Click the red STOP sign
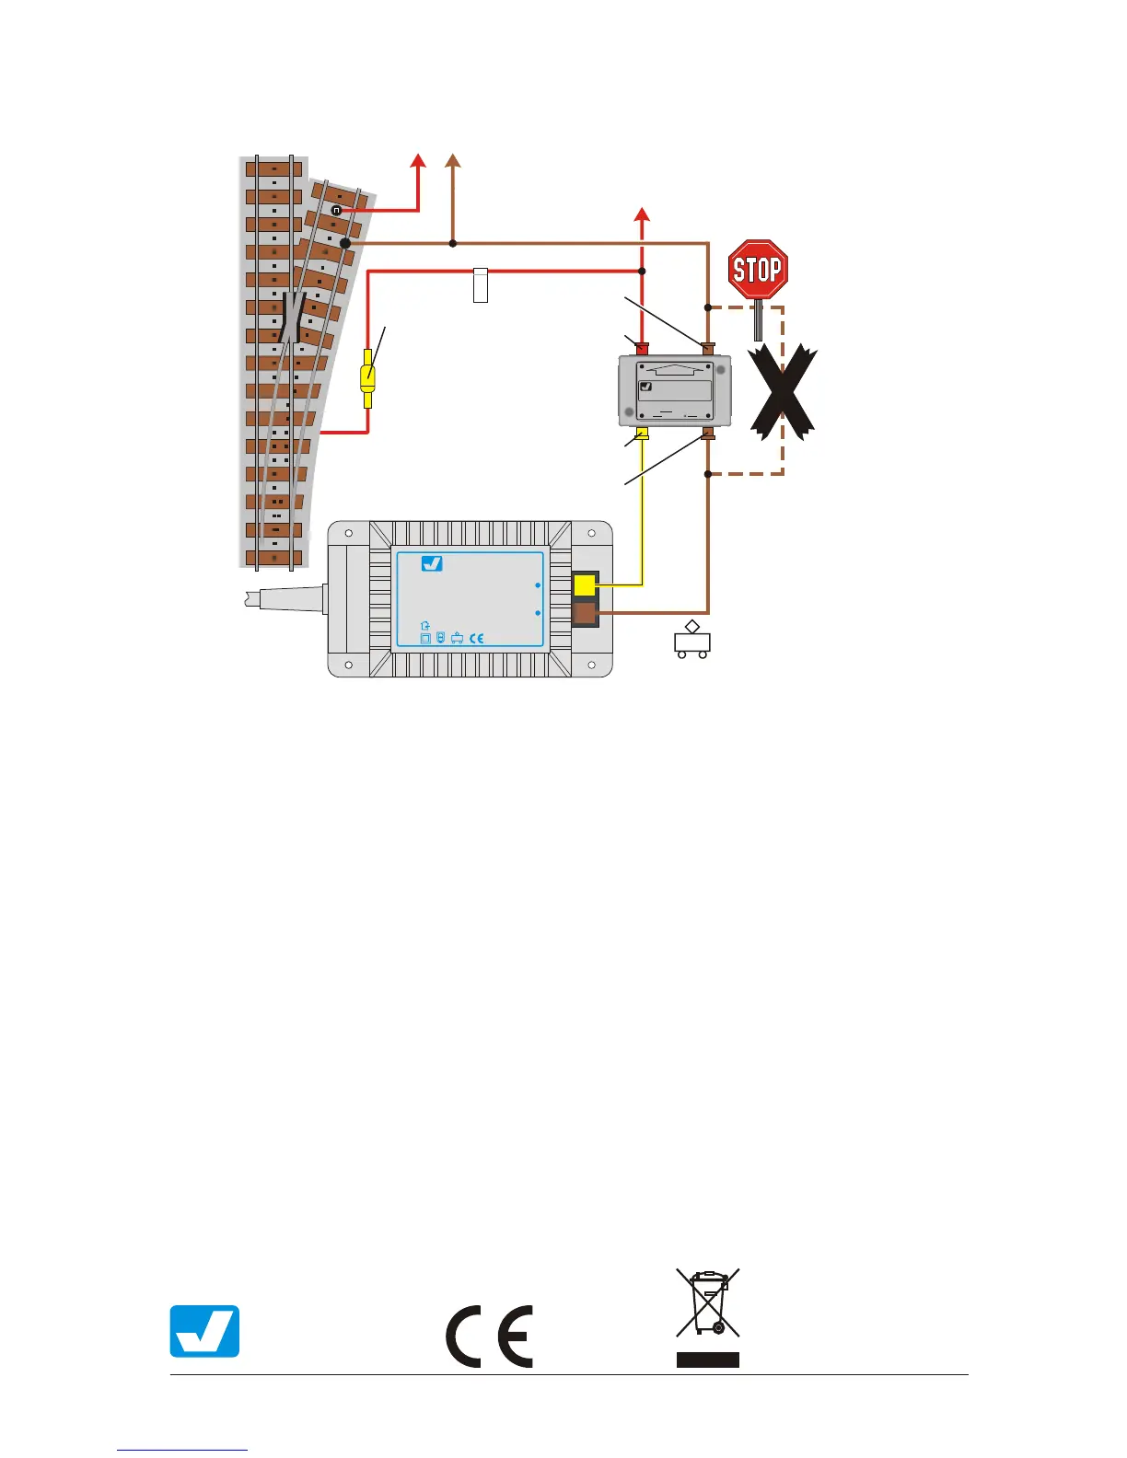pos(758,269)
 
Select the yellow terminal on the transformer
pos(584,584)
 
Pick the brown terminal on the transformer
pos(584,613)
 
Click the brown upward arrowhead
pos(452,162)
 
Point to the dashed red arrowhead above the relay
pos(643,215)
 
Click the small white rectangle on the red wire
pos(480,285)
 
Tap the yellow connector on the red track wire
pos(367,377)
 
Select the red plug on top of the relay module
pos(642,348)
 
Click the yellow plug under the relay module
pos(643,434)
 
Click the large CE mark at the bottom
pos(489,1336)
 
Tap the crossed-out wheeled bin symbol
pos(708,1302)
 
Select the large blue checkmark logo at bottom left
pos(204,1331)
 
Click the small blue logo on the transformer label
pos(432,563)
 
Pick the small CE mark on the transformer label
pos(476,638)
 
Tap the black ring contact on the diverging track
pos(337,210)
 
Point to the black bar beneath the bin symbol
pos(708,1360)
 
